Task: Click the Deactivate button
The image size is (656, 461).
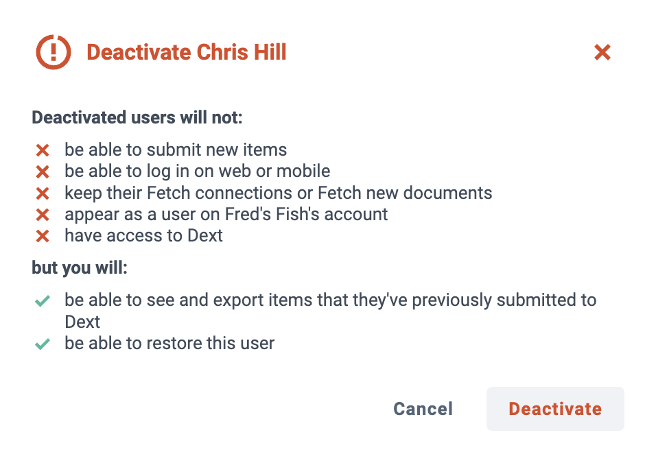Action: [x=555, y=409]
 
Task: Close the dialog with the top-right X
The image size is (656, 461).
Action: [x=602, y=52]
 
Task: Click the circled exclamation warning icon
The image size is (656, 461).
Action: [x=54, y=52]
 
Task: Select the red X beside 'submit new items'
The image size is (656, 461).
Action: [x=43, y=150]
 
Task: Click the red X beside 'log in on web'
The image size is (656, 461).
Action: [x=43, y=172]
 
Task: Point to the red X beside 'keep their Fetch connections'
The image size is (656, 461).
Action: [x=43, y=193]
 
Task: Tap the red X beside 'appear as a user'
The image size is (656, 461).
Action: [x=43, y=215]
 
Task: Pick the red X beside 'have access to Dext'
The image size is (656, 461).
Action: [x=43, y=236]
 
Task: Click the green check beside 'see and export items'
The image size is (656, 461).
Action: [x=43, y=300]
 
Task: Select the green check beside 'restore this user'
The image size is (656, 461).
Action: [x=43, y=344]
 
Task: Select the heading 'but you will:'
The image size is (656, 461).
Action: [x=80, y=268]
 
